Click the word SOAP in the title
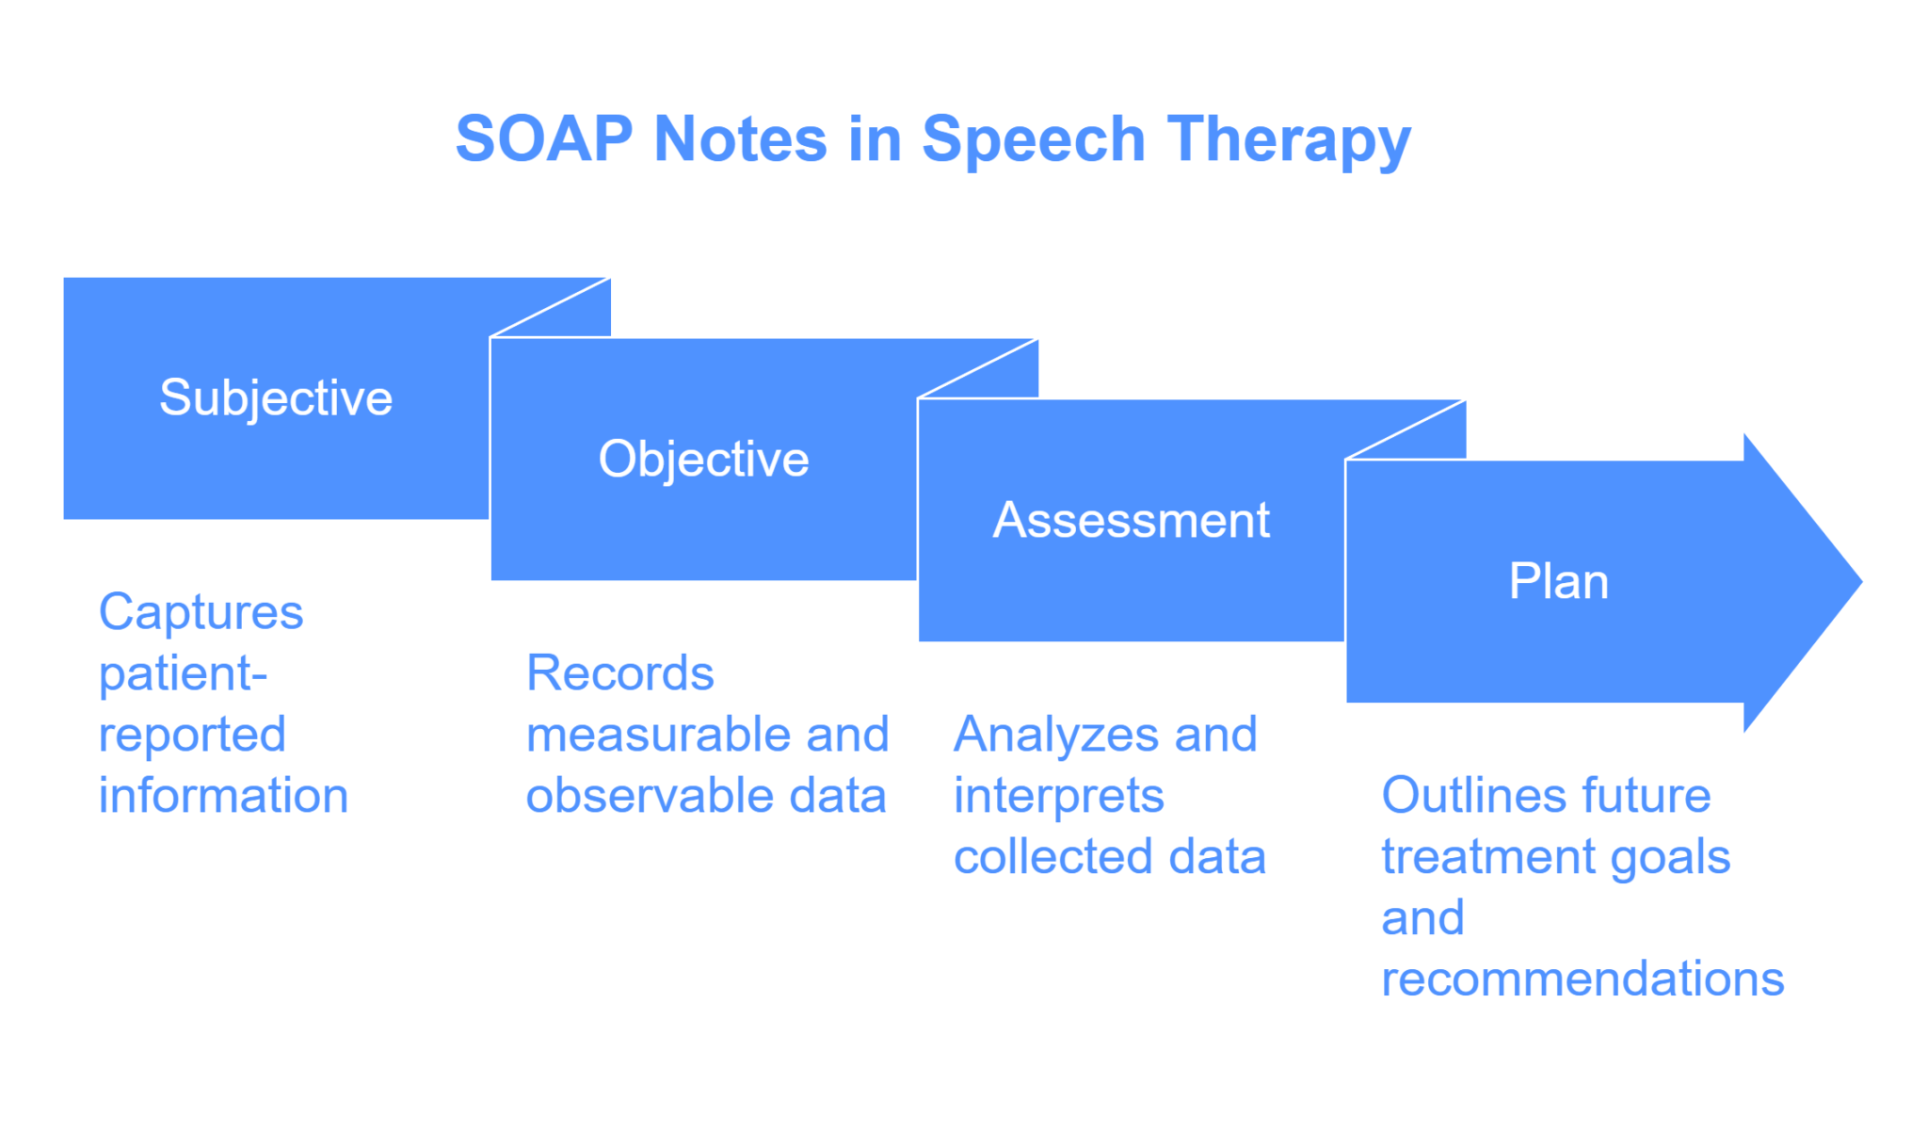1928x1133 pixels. point(543,139)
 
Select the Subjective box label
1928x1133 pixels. point(276,397)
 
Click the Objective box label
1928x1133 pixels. point(704,459)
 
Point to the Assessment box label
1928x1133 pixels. point(1132,520)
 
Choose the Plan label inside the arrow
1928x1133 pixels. point(1559,581)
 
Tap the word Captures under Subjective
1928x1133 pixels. point(201,613)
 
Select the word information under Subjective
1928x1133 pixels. point(224,796)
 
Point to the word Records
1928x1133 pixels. point(620,673)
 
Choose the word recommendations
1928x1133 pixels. point(1583,979)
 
